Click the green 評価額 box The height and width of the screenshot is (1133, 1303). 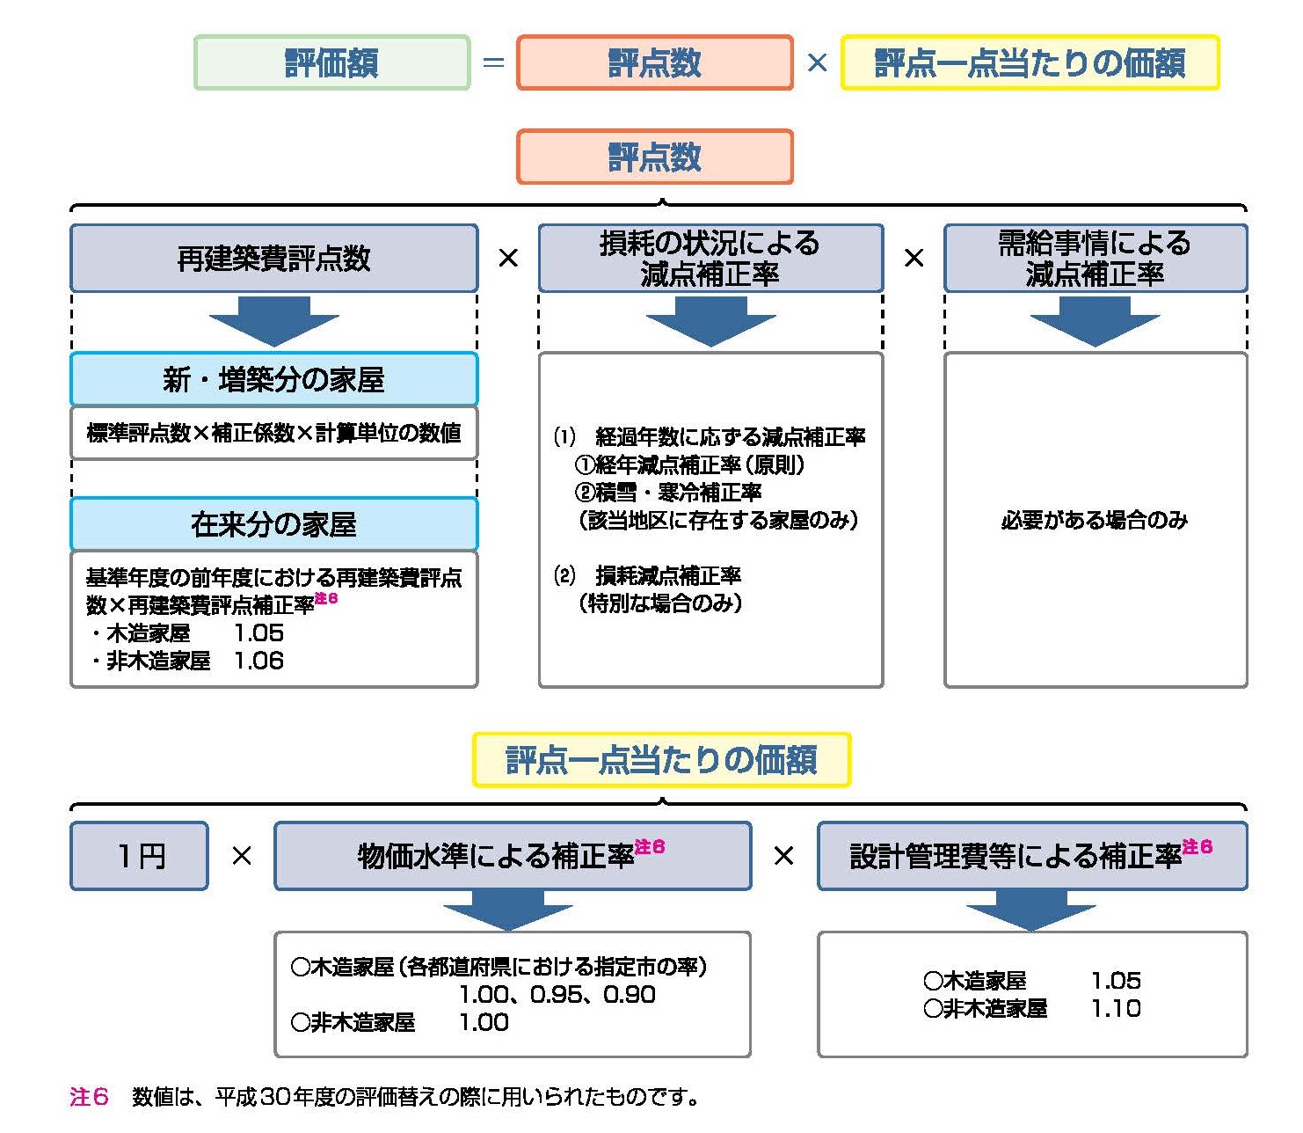pyautogui.click(x=331, y=62)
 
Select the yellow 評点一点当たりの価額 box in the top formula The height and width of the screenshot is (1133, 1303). pyautogui.click(x=1030, y=62)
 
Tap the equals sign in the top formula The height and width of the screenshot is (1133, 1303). pyautogui.click(x=493, y=63)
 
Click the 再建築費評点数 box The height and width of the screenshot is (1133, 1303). pyautogui.click(x=273, y=258)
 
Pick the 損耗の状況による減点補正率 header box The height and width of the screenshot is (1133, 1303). pyautogui.click(x=710, y=258)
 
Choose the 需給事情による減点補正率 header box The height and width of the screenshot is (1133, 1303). pyautogui.click(x=1095, y=258)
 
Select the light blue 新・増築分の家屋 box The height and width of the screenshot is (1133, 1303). pyautogui.click(x=273, y=379)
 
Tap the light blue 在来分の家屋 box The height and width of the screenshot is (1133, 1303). pyautogui.click(x=273, y=524)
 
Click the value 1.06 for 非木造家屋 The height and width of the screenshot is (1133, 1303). pyautogui.click(x=258, y=661)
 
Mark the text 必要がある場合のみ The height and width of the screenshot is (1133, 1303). pyautogui.click(x=1095, y=520)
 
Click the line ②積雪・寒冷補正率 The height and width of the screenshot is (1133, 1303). pyautogui.click(x=668, y=493)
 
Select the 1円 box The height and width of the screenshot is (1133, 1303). pyautogui.click(x=140, y=856)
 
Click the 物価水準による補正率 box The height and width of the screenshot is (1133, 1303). pyautogui.click(x=513, y=856)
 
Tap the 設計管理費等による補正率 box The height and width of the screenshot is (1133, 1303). pyautogui.click(x=1031, y=856)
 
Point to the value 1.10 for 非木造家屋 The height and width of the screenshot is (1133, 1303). pyautogui.click(x=1116, y=1008)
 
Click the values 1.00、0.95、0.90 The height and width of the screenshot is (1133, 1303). pyautogui.click(x=557, y=995)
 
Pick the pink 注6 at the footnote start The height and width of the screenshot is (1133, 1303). pyautogui.click(x=89, y=1097)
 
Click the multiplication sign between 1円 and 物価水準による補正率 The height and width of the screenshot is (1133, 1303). pyautogui.click(x=242, y=856)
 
